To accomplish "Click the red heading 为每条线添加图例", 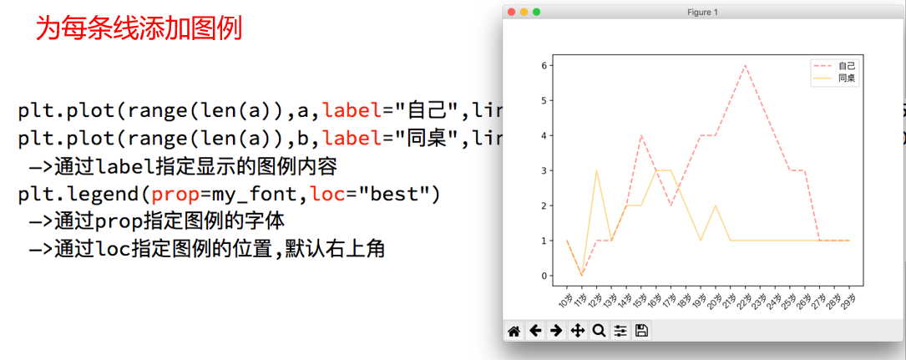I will (x=138, y=30).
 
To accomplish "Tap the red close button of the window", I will (x=511, y=12).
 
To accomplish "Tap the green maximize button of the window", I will (x=536, y=12).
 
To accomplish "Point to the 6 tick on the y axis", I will (x=544, y=65).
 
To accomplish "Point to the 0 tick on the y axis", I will (x=544, y=276).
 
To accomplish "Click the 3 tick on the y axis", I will (x=544, y=170).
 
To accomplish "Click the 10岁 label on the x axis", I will (x=565, y=300).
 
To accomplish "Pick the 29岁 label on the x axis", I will (x=848, y=300).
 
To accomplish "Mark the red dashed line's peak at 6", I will (x=745, y=65).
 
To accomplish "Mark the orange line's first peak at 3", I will (x=596, y=170).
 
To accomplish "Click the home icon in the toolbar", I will (x=514, y=331).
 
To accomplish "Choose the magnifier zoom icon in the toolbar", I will (x=598, y=331).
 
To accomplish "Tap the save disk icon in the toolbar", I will (x=641, y=331).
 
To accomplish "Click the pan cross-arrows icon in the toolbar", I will (x=577, y=331).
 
